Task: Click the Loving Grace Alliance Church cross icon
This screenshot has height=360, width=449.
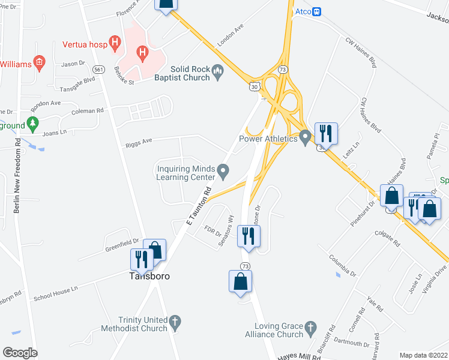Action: pyautogui.click(x=310, y=327)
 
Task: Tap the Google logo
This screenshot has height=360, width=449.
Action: pyautogui.click(x=20, y=353)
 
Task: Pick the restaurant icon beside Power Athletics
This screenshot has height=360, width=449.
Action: pyautogui.click(x=326, y=133)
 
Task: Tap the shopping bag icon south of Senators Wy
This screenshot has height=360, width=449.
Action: pyautogui.click(x=240, y=281)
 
